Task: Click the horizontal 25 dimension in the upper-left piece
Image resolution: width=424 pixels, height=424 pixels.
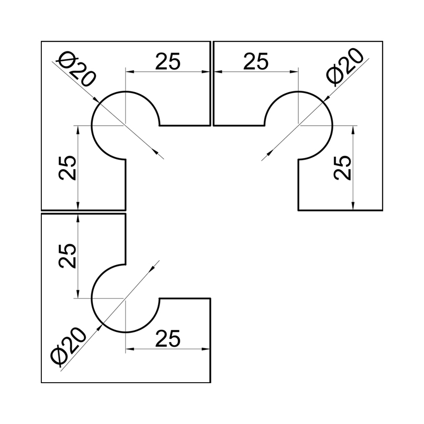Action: click(167, 61)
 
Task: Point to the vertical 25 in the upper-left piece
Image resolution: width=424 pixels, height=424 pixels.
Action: click(67, 167)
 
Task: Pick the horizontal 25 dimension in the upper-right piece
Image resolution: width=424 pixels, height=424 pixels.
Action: click(256, 61)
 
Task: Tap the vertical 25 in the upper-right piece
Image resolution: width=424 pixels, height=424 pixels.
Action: click(342, 167)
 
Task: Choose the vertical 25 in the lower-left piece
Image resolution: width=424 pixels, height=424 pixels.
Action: click(67, 256)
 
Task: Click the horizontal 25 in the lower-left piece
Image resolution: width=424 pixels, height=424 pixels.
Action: click(167, 338)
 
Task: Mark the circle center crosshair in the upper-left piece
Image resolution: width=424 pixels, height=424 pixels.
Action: click(126, 126)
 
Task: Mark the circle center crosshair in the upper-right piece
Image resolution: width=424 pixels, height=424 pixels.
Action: click(298, 126)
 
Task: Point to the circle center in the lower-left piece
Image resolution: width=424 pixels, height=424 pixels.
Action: click(126, 298)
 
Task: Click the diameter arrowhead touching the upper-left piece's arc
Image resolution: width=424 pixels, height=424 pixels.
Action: click(97, 100)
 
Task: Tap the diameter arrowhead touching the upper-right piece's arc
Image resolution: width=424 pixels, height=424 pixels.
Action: click(326, 99)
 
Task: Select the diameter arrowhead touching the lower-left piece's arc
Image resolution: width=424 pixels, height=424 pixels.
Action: click(100, 328)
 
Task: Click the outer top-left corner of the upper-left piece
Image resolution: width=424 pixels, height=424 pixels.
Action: click(41, 41)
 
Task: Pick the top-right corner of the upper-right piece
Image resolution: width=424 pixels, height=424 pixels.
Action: click(383, 41)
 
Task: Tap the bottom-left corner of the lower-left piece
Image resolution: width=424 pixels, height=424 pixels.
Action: click(41, 383)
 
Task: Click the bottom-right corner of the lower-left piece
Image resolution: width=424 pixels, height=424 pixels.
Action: click(210, 383)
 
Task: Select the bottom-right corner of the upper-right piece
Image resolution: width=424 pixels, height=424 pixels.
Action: click(383, 210)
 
